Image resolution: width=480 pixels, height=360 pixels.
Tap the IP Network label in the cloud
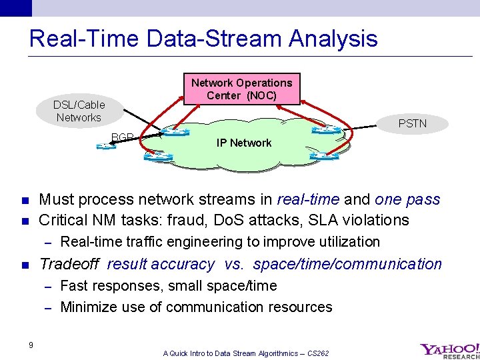[x=243, y=143]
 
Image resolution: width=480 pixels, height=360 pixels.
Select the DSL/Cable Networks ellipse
[x=79, y=111]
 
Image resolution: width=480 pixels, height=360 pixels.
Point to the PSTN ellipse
[x=412, y=123]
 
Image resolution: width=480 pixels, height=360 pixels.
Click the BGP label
[x=123, y=137]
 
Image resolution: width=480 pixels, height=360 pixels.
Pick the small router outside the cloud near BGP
[x=105, y=145]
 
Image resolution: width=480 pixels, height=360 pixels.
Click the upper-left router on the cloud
[x=175, y=132]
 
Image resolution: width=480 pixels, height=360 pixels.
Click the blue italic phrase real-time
[x=309, y=199]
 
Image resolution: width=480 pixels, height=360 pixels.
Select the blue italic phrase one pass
[x=407, y=199]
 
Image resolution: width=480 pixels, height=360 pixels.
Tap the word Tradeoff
[x=69, y=264]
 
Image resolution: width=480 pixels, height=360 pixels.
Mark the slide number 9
[x=31, y=344]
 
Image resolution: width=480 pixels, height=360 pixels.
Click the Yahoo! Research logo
[x=449, y=350]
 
